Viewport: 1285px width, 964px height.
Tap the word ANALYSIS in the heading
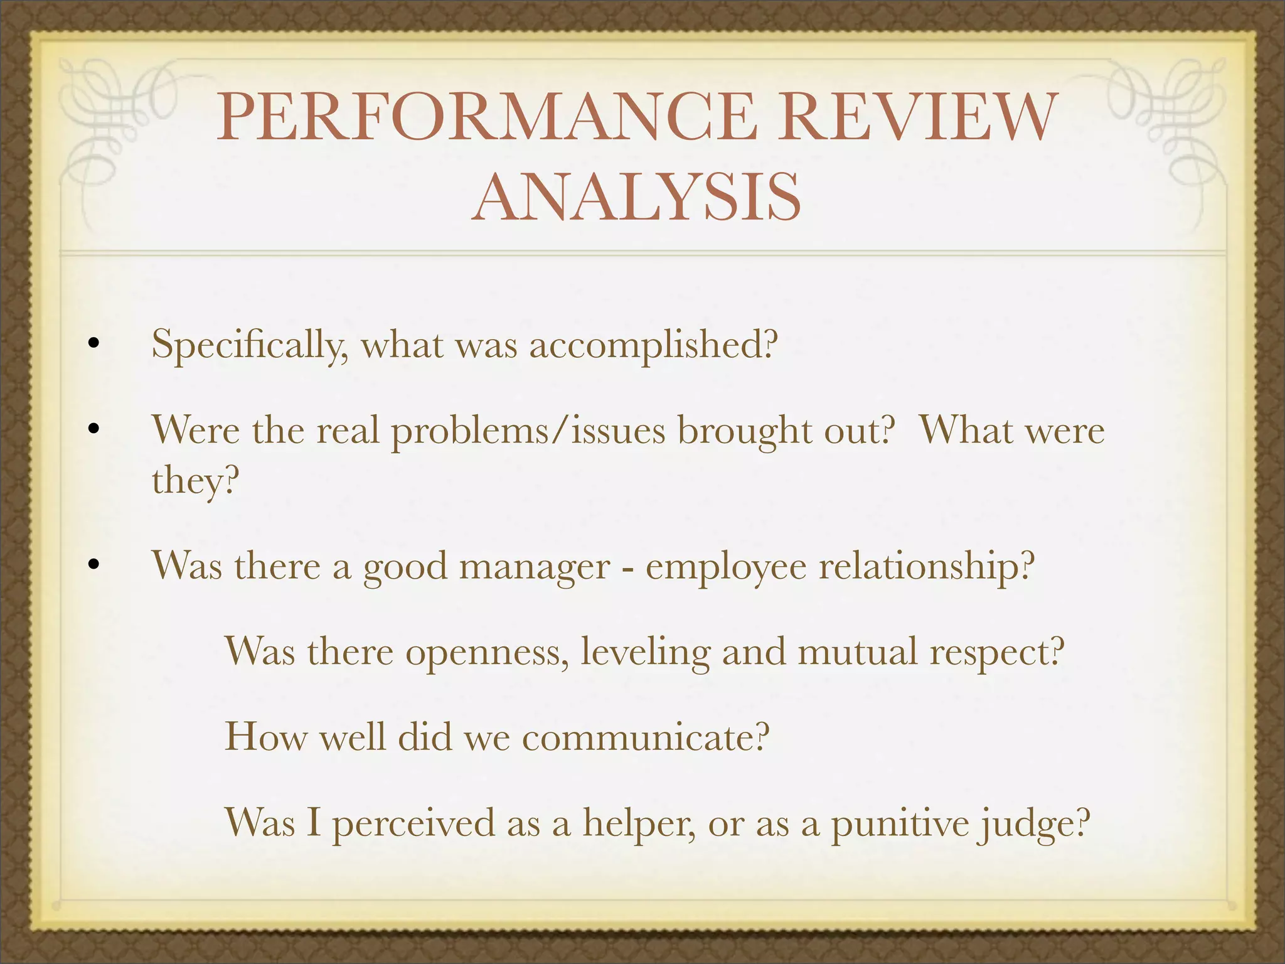tap(636, 197)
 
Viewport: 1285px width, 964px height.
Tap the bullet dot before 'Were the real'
tap(93, 430)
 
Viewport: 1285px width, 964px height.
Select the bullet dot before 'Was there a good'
tap(93, 565)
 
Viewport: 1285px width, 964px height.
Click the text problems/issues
tap(528, 432)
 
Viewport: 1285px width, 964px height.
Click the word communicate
tap(646, 737)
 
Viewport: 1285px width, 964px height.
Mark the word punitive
tap(898, 823)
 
